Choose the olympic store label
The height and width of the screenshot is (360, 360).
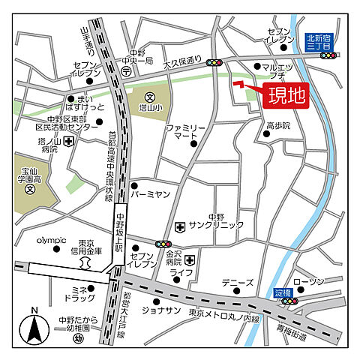coord(52,241)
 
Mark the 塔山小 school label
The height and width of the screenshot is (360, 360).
coord(156,107)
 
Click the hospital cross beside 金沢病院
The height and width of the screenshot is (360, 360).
coord(190,260)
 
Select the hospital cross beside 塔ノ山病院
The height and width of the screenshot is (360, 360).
coord(68,140)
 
